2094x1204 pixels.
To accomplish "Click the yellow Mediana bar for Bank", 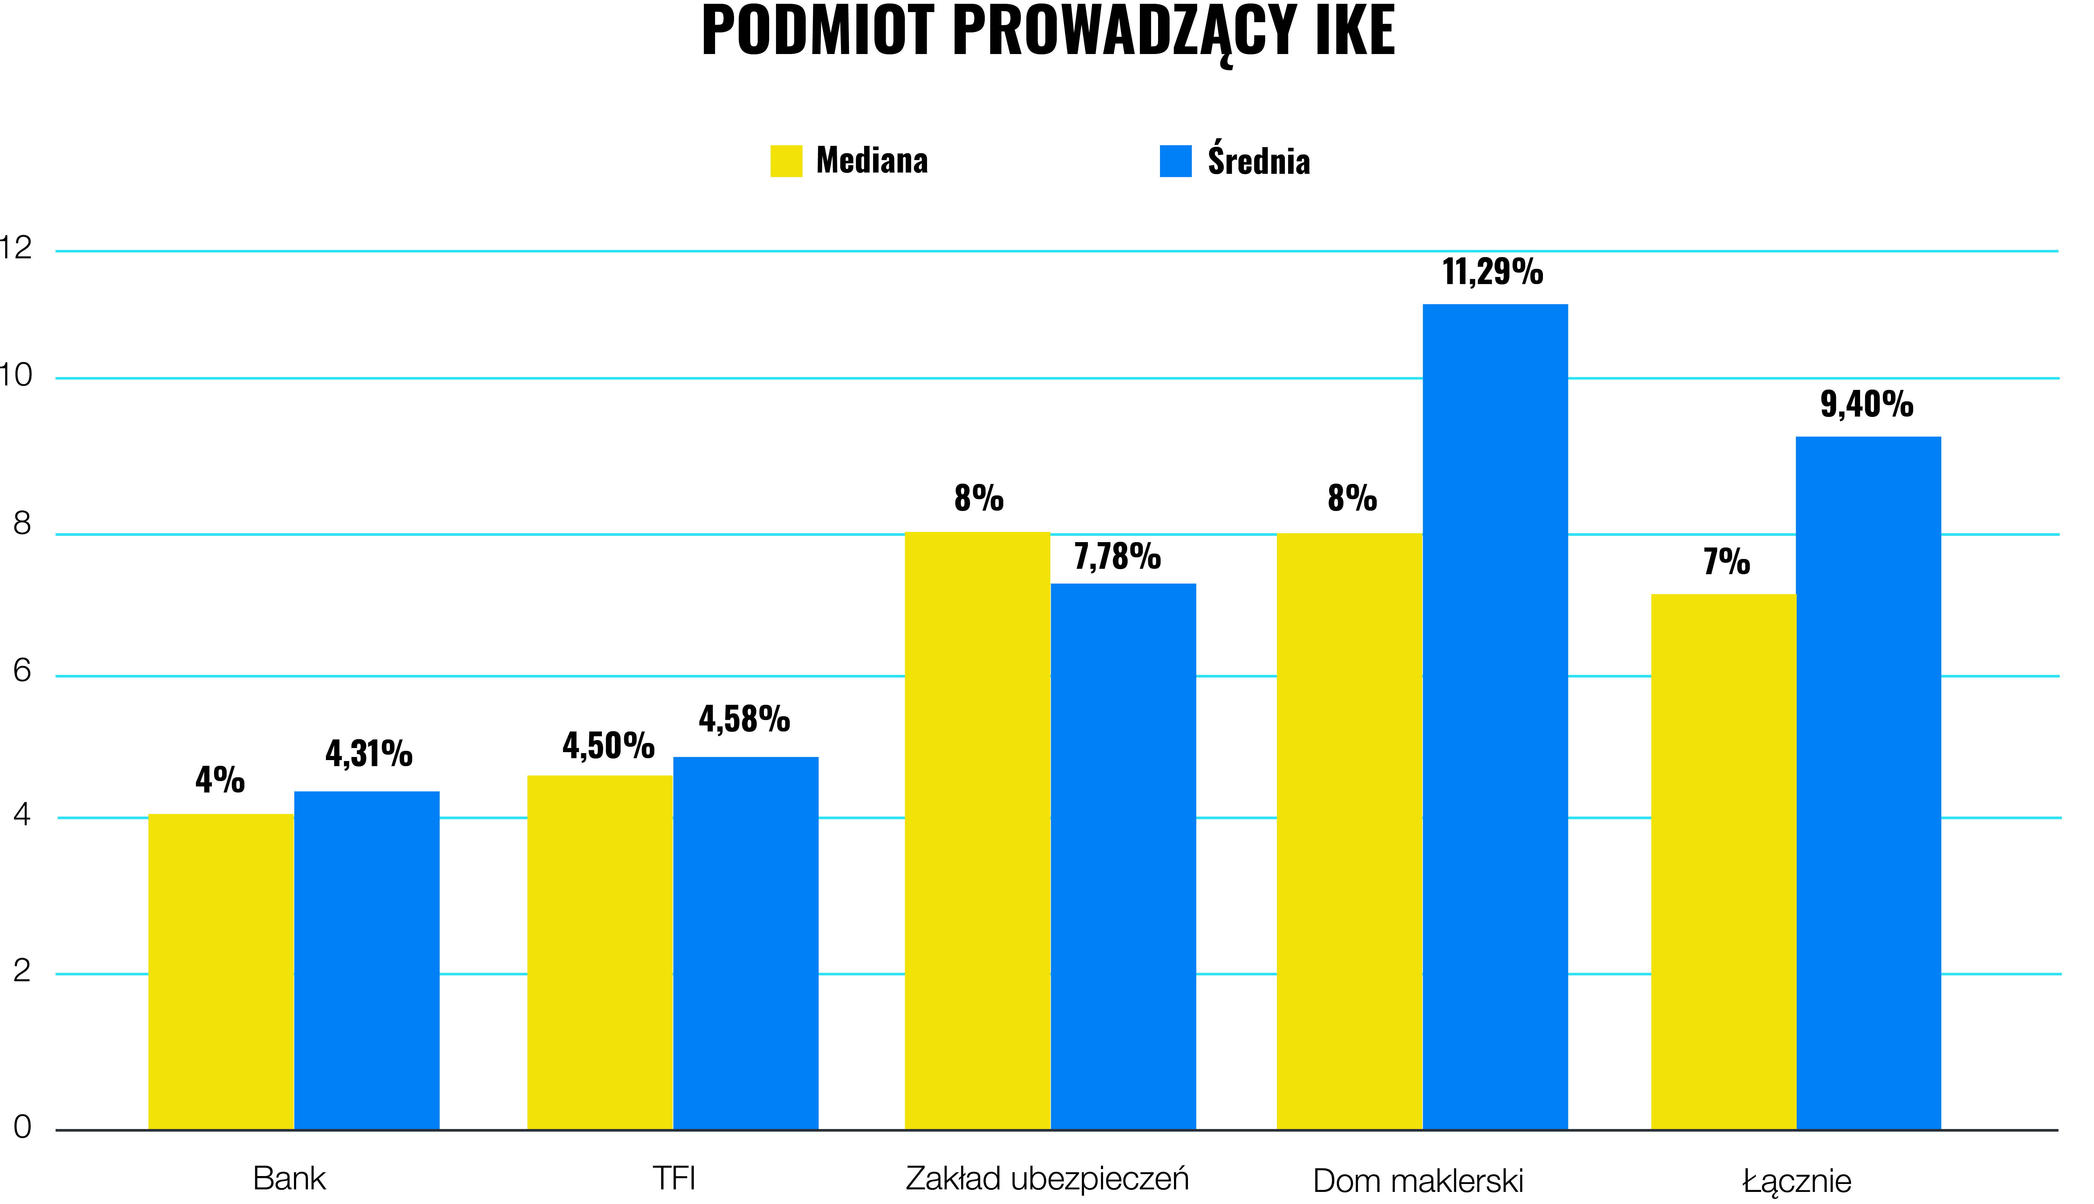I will pos(221,972).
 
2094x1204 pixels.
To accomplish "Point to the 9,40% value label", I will pos(1866,405).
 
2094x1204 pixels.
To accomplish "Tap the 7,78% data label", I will pos(1117,556).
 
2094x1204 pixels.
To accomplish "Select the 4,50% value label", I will pos(609,746).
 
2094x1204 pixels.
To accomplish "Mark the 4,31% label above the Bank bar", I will pos(369,753).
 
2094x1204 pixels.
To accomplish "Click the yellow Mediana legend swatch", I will pos(786,161).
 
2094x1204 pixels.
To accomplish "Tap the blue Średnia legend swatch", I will pos(1175,161).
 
